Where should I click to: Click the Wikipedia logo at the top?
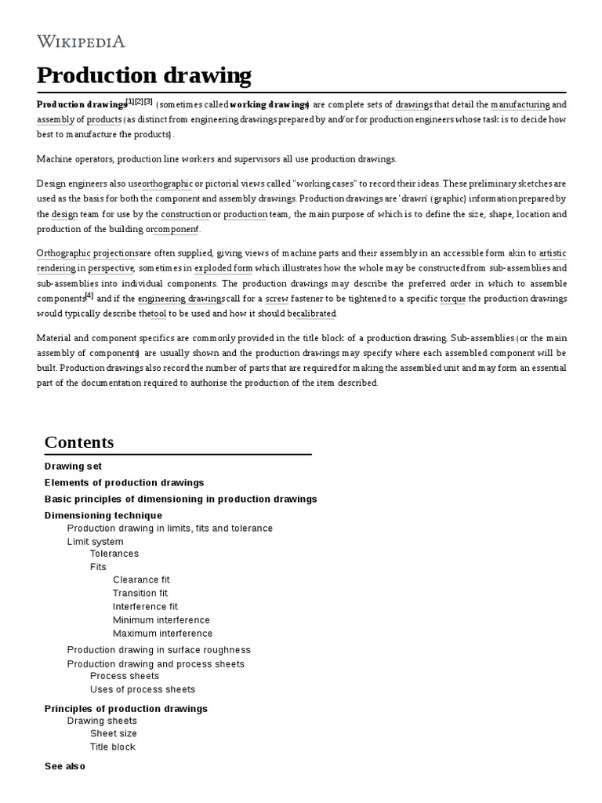pos(81,42)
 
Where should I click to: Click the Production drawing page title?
pos(144,75)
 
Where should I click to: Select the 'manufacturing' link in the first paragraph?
pos(520,104)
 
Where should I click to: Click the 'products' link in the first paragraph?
pos(103,119)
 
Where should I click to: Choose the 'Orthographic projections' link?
pos(87,253)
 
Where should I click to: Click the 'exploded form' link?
pos(223,268)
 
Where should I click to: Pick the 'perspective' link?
pos(111,268)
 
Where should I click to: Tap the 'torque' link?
pos(453,299)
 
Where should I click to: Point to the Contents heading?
pos(79,442)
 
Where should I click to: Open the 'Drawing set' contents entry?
pos(73,466)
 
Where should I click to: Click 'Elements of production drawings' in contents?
pos(124,482)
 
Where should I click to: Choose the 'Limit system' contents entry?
pos(95,542)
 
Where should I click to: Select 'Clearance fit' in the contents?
pos(141,580)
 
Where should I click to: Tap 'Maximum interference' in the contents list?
pos(162,634)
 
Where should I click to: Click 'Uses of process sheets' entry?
pos(143,689)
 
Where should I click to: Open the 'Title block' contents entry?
pos(113,747)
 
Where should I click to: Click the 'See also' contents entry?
pos(65,766)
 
